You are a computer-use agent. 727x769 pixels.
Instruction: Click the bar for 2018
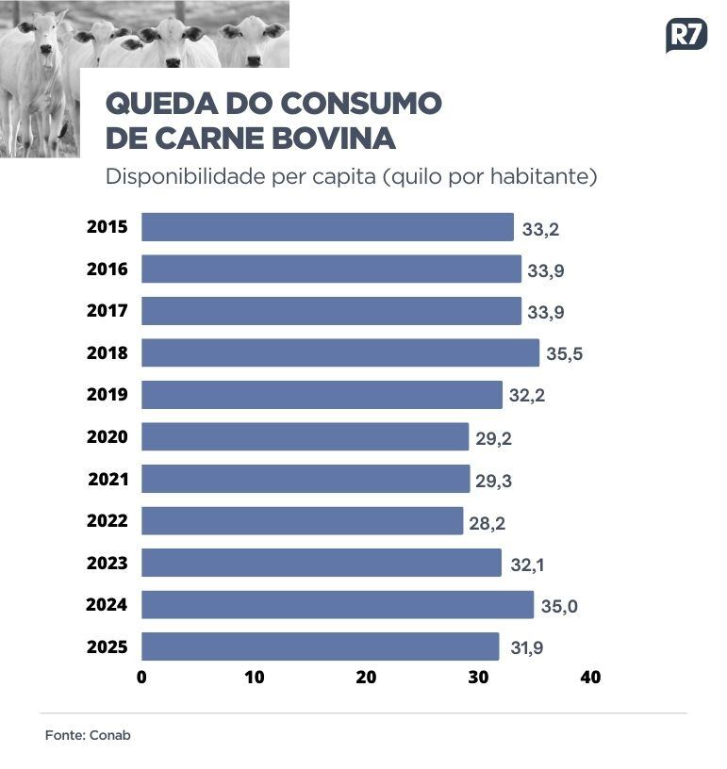[340, 352]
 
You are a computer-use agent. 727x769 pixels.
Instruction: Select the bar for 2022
[303, 520]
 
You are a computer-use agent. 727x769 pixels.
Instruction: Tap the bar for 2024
[338, 604]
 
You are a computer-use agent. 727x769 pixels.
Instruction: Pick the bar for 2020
[305, 436]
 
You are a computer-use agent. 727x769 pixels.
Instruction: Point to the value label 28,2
[487, 523]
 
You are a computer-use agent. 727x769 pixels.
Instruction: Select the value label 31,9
[525, 648]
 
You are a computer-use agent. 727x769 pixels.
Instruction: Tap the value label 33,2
[539, 229]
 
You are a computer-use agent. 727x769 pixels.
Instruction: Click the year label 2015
[107, 227]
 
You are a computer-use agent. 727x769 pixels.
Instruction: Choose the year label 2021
[107, 479]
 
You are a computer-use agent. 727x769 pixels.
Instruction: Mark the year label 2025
[107, 646]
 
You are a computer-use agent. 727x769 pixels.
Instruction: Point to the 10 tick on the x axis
[254, 677]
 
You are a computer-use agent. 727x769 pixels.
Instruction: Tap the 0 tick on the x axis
[141, 677]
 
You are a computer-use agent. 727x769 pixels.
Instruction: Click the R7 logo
[686, 36]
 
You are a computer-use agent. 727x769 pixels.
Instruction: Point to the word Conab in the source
[109, 735]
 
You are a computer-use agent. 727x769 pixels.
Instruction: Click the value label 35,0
[558, 607]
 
